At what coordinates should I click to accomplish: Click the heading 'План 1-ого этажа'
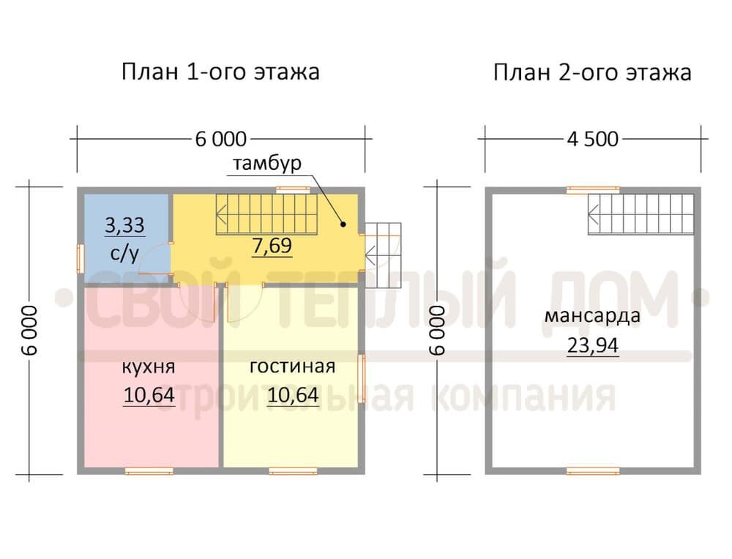(220, 72)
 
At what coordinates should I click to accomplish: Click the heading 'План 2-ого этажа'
(592, 72)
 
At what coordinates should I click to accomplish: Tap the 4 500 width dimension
(592, 138)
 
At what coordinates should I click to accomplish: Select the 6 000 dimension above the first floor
(221, 138)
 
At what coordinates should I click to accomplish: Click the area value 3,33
(124, 225)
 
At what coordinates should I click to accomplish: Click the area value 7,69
(272, 246)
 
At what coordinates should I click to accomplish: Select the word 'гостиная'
(292, 366)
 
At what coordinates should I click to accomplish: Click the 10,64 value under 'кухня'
(149, 395)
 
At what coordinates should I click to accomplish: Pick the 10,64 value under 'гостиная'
(292, 395)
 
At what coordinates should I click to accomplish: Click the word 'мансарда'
(592, 317)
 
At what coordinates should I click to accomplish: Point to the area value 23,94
(592, 345)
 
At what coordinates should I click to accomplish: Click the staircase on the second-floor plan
(640, 214)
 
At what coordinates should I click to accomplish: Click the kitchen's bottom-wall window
(149, 470)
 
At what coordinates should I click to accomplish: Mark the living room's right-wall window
(362, 378)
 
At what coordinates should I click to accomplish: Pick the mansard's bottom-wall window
(593, 470)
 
